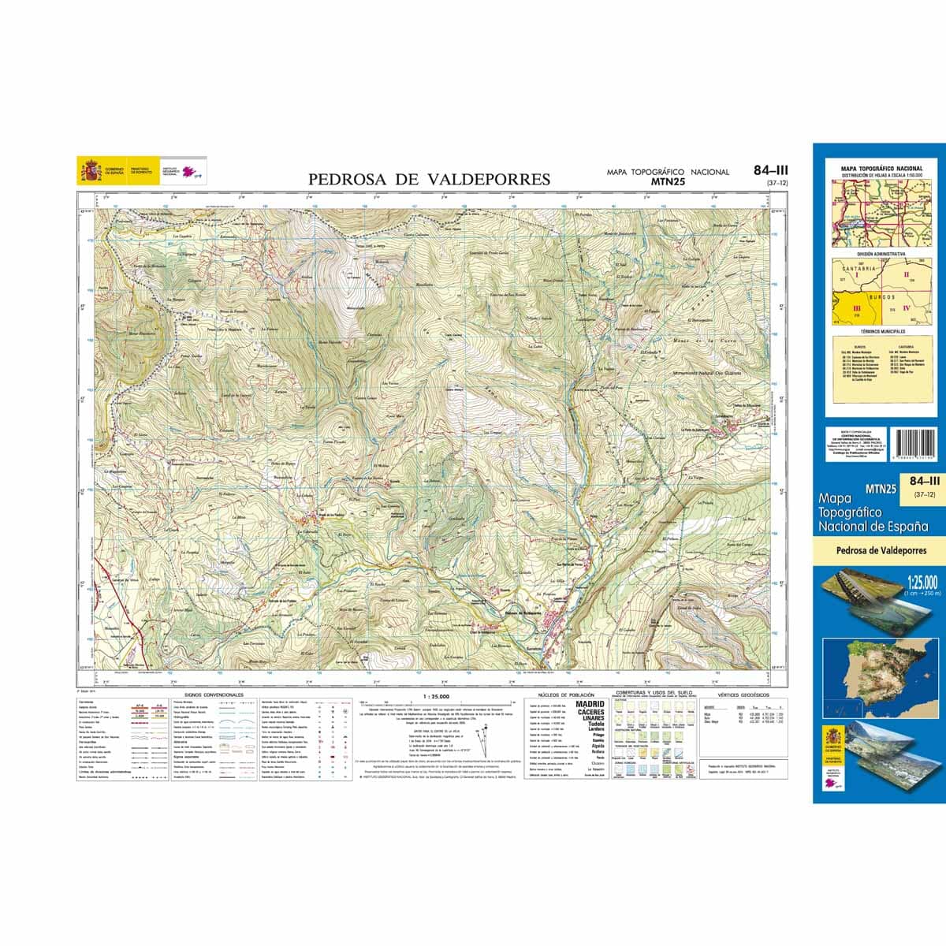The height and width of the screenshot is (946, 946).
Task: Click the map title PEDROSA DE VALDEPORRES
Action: pyautogui.click(x=429, y=180)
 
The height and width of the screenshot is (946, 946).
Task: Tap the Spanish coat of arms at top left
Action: pyautogui.click(x=90, y=171)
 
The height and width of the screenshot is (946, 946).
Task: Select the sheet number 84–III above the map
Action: pyautogui.click(x=770, y=170)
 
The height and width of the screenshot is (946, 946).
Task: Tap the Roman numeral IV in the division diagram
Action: pyautogui.click(x=906, y=307)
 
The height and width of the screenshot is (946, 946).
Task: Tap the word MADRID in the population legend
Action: pyautogui.click(x=590, y=704)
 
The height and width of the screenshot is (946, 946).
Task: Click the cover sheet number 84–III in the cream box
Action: pyautogui.click(x=924, y=481)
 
